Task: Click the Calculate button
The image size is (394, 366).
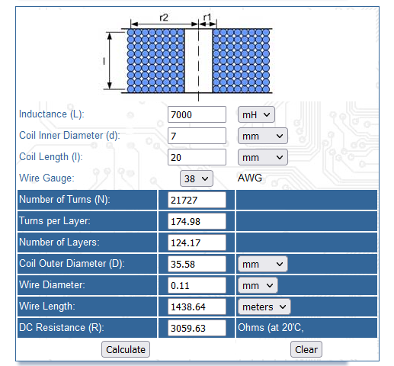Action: click(x=126, y=349)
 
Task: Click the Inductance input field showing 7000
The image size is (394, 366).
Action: click(x=197, y=114)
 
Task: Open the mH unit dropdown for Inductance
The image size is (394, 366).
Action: click(x=256, y=114)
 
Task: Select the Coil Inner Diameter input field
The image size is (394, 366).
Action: click(x=197, y=136)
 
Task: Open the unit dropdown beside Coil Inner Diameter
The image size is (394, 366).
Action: click(x=263, y=136)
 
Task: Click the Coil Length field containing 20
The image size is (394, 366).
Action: click(x=197, y=157)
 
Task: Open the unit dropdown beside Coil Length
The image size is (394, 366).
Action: click(x=263, y=157)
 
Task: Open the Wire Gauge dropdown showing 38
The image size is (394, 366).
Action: click(x=197, y=178)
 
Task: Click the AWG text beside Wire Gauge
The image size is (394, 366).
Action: click(x=250, y=178)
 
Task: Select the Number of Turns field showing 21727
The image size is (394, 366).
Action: click(x=197, y=200)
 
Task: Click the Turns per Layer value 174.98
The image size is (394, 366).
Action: click(x=197, y=221)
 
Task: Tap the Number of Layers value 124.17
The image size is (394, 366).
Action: click(x=197, y=242)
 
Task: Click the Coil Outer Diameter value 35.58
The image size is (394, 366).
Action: click(x=197, y=264)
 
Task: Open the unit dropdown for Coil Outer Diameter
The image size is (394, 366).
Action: click(x=263, y=264)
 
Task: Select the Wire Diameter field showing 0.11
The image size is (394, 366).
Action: click(x=197, y=285)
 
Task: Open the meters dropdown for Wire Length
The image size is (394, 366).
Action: click(x=264, y=307)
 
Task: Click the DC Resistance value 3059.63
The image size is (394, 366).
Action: click(x=197, y=328)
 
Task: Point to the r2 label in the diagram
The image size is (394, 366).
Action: click(x=164, y=18)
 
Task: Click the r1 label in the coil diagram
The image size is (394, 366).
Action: click(x=207, y=18)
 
